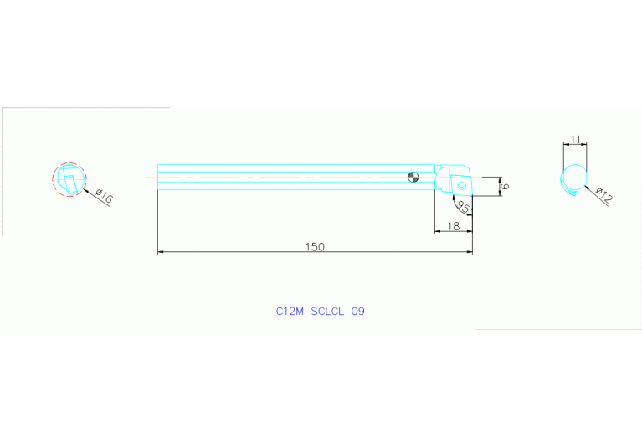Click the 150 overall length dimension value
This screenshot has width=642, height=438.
point(315,246)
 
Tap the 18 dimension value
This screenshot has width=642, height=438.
point(453,226)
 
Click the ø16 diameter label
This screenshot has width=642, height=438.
point(104,197)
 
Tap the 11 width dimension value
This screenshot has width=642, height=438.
point(575,139)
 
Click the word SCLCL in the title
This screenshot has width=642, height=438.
point(327,311)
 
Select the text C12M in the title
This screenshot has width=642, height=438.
point(290,311)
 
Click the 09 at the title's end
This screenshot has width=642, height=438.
point(357,311)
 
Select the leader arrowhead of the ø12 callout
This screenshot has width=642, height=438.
point(587,185)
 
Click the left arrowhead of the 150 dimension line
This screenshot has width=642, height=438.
point(161,251)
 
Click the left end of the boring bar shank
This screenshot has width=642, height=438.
point(159,177)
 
